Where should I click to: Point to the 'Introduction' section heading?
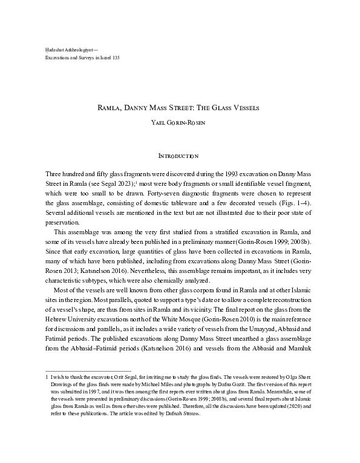tap(180, 157)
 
